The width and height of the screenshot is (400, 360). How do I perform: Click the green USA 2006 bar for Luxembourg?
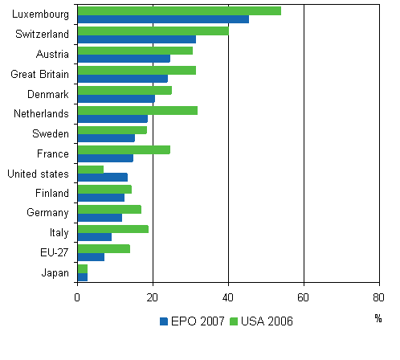pyautogui.click(x=178, y=10)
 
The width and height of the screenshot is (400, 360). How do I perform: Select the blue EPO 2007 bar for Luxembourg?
pyautogui.click(x=162, y=19)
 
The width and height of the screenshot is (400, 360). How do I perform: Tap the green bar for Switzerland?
pyautogui.click(x=153, y=31)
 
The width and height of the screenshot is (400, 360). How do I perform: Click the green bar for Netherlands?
pyautogui.click(x=137, y=110)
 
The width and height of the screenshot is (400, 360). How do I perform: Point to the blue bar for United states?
pyautogui.click(x=102, y=178)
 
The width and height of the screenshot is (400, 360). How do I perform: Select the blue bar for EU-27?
pyautogui.click(x=90, y=257)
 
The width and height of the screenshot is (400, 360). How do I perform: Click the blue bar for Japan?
pyautogui.click(x=82, y=276)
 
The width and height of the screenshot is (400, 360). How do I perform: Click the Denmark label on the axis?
pyautogui.click(x=51, y=94)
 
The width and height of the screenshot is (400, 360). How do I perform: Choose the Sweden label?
pyautogui.click(x=52, y=133)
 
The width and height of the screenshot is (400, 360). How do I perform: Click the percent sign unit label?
pyautogui.click(x=378, y=318)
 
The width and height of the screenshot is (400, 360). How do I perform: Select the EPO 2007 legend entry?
pyautogui.click(x=193, y=321)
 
